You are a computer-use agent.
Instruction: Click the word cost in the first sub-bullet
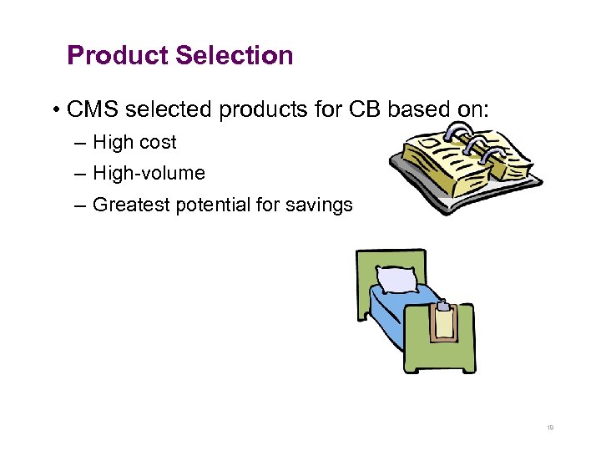point(157,143)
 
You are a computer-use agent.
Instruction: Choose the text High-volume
point(149,174)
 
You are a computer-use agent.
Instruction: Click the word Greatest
point(129,205)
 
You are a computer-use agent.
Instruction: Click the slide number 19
point(551,428)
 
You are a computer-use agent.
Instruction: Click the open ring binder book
point(463,167)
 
